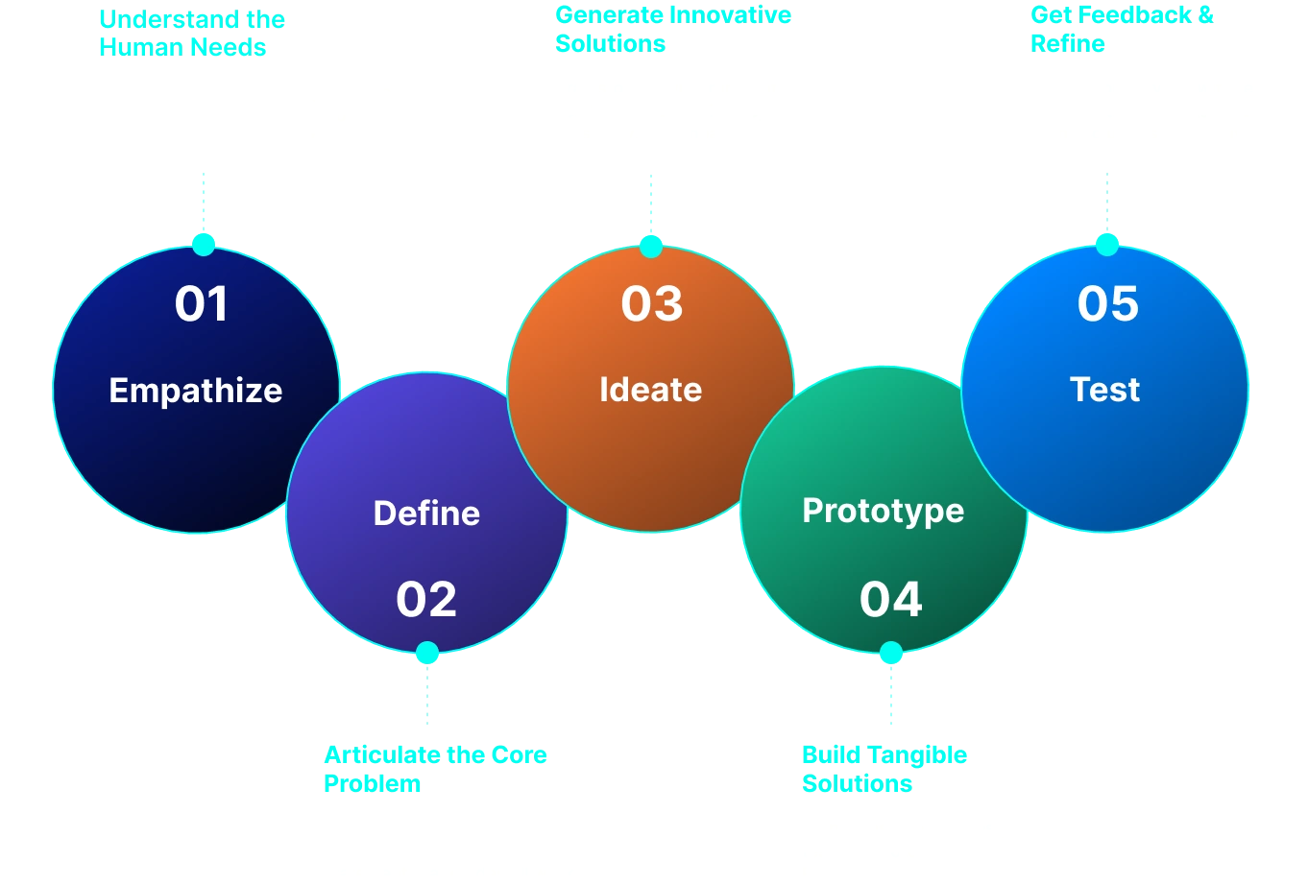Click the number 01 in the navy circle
tap(202, 303)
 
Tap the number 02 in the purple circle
tap(426, 599)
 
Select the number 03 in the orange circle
tap(651, 303)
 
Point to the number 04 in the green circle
tap(890, 599)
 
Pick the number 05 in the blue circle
tap(1107, 303)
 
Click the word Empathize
tap(196, 391)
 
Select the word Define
tap(426, 513)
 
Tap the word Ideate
tap(650, 390)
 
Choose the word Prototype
tap(883, 511)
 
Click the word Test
tap(1105, 390)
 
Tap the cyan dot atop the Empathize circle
tap(203, 243)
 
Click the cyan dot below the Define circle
tap(427, 654)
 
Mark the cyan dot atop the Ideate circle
tap(651, 245)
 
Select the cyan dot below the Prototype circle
tap(891, 654)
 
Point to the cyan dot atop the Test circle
tap(1107, 243)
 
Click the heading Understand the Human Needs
tap(193, 33)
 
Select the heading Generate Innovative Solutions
tap(672, 29)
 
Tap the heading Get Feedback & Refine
tap(1121, 29)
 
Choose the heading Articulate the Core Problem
tap(434, 769)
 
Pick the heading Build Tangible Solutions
tap(884, 769)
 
